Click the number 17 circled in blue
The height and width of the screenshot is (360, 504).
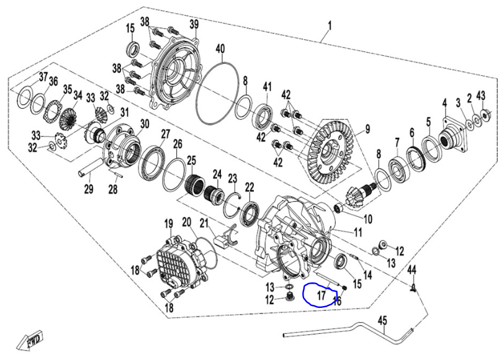point(321,295)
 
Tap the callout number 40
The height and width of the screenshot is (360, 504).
point(220,48)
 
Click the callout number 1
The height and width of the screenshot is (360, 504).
point(330,25)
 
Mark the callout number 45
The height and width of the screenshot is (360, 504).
point(382,320)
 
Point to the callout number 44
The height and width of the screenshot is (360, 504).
point(412,269)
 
